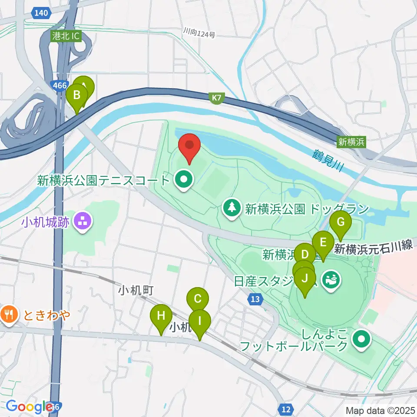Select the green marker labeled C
point(197,299)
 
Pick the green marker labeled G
point(341,222)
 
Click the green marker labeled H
point(161,315)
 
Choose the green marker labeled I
point(200,322)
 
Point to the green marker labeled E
point(323,242)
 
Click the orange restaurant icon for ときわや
point(9,314)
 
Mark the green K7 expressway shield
point(216,98)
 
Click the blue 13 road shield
point(256,299)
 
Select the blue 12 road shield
point(285,409)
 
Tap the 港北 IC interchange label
point(65,36)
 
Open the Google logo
point(29,407)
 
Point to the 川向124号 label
point(199,33)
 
